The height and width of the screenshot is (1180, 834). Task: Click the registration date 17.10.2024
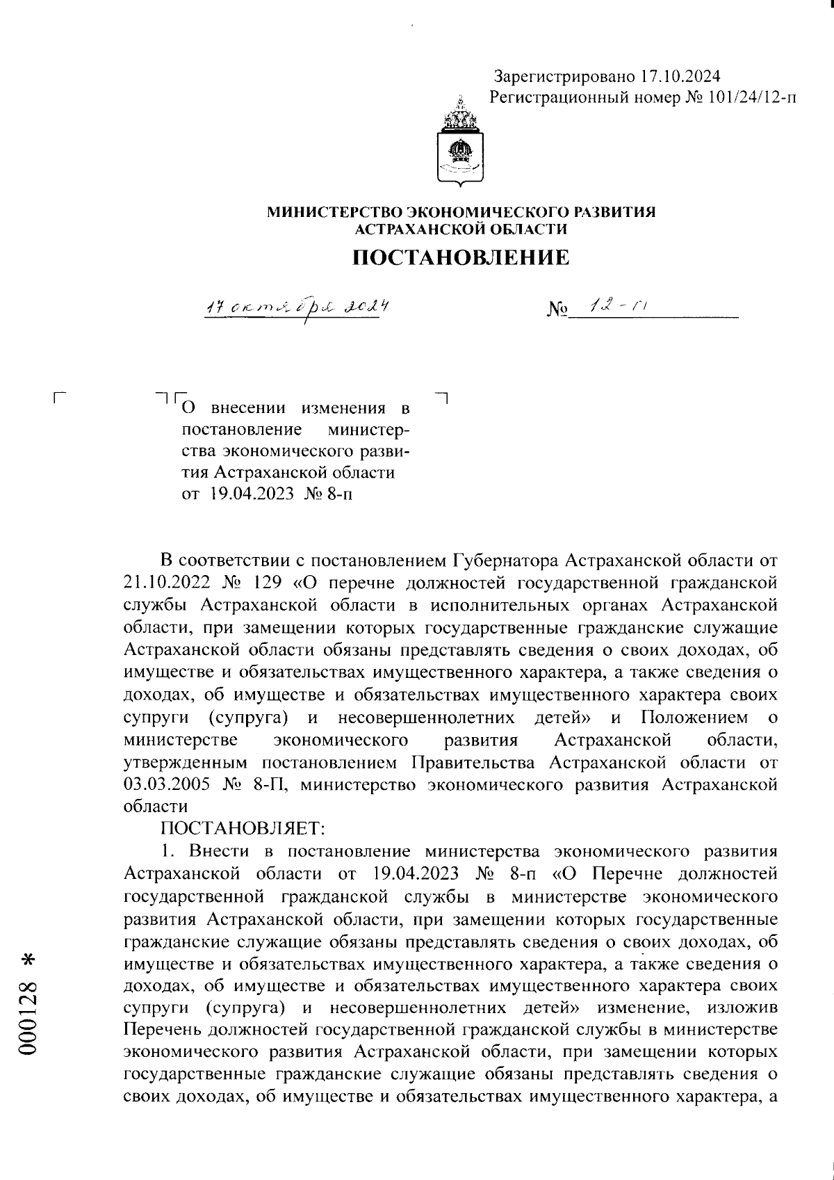coord(680,76)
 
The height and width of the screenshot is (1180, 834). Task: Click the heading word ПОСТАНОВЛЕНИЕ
coord(461,258)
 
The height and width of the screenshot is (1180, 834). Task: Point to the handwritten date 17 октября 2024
coord(295,307)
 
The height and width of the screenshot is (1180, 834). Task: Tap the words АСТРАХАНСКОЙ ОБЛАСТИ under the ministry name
coord(461,229)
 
